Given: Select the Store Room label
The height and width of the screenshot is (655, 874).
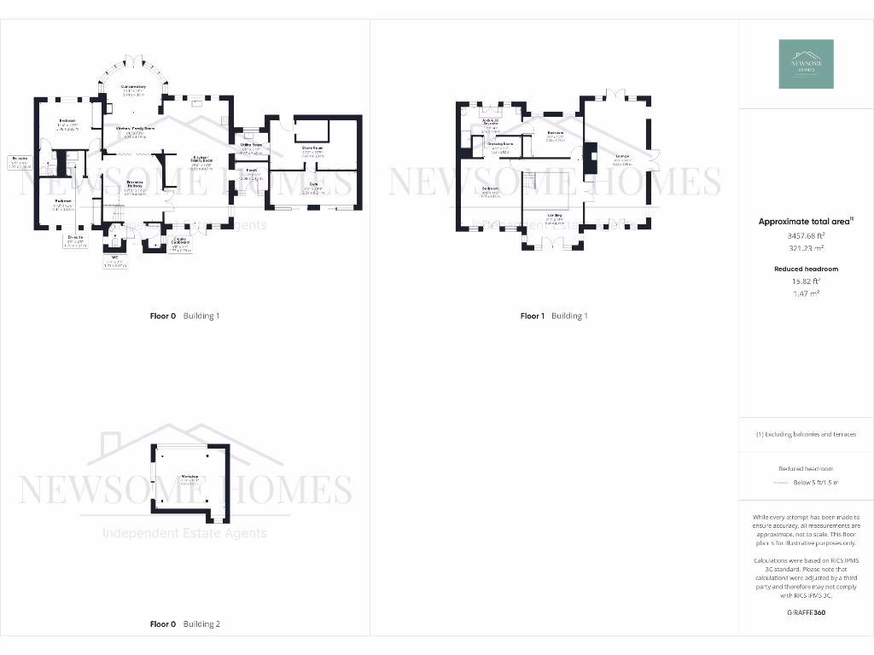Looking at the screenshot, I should point(314,148).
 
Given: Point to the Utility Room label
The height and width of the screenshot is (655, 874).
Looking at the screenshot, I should point(251,146).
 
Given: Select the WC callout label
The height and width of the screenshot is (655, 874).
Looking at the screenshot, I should point(114,256).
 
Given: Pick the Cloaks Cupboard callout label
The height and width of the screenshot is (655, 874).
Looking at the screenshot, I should point(180,241).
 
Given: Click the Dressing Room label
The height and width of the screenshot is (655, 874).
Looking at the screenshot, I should point(500,144).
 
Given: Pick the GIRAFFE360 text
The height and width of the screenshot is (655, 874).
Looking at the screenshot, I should point(807,612).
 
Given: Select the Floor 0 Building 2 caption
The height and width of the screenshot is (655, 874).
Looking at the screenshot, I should point(184,624).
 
